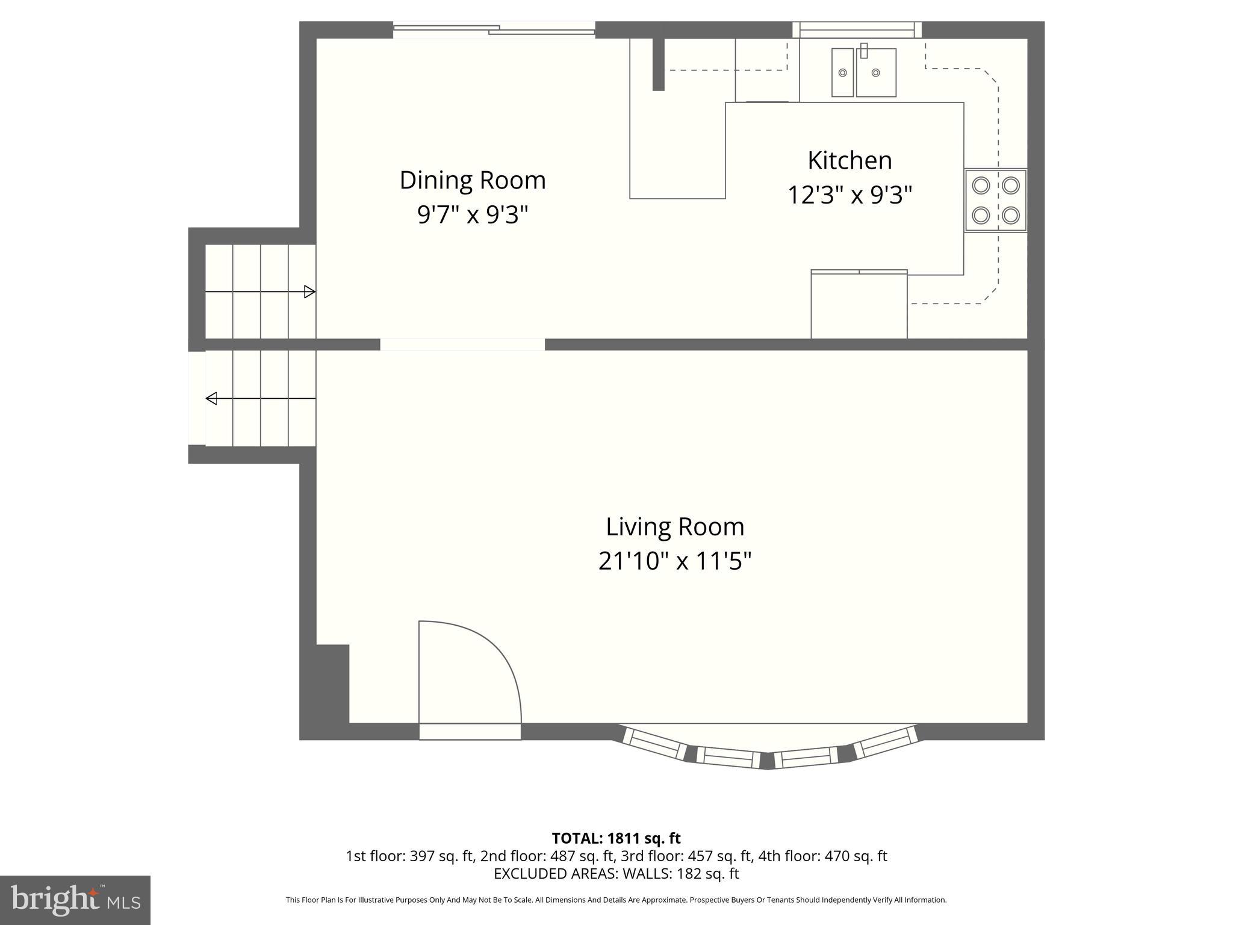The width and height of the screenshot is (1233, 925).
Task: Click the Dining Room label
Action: point(473,180)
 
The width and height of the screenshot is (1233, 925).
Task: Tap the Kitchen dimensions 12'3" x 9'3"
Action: point(849,195)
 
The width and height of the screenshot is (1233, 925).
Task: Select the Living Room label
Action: point(675,527)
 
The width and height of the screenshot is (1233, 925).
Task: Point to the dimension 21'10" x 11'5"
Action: point(675,561)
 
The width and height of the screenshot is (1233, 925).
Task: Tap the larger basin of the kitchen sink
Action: point(876,72)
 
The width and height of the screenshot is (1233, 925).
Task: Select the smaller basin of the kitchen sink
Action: point(842,72)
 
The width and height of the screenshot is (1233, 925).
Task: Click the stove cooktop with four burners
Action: point(996,201)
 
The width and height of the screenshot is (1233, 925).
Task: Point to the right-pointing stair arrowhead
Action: point(309,292)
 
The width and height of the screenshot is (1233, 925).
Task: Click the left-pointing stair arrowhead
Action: point(211,398)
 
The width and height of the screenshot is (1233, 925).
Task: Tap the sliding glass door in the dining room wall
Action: point(494,30)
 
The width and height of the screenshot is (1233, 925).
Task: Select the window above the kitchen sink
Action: point(857,30)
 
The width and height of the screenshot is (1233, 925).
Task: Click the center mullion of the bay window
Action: point(767,761)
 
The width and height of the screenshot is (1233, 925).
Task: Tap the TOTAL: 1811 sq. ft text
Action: point(616,838)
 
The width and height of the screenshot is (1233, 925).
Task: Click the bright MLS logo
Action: point(75,900)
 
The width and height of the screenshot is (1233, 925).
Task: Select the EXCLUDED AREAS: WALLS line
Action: point(616,874)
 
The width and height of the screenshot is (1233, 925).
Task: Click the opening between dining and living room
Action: point(462,344)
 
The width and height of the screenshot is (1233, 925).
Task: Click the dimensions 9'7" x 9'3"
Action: point(473,214)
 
